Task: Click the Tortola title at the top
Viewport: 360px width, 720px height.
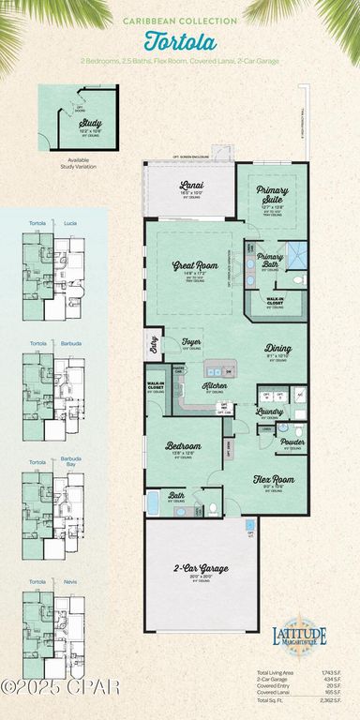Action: click(180, 42)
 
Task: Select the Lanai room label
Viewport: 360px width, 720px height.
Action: click(192, 186)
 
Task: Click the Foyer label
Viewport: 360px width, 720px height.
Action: click(192, 342)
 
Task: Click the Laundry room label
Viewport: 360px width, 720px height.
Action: click(271, 412)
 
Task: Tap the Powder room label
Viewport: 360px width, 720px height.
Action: click(292, 441)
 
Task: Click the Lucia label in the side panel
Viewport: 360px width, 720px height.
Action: click(70, 224)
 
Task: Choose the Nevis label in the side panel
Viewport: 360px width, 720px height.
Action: click(70, 582)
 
